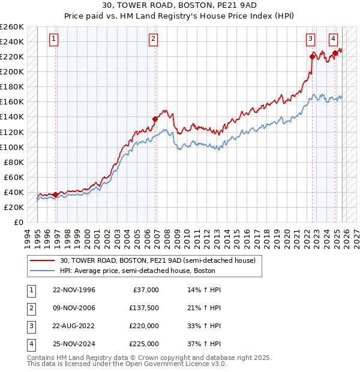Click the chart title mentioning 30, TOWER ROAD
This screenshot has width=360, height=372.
[x=180, y=5]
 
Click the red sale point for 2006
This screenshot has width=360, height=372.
[x=155, y=119]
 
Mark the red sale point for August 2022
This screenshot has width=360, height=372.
[x=313, y=57]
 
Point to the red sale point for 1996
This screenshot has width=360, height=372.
[x=56, y=194]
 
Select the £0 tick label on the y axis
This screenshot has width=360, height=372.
[x=18, y=222]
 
